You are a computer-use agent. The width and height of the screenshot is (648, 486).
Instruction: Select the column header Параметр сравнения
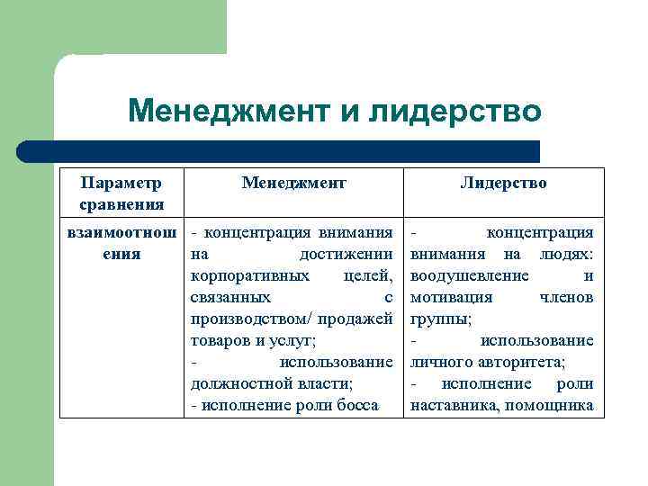coord(121,193)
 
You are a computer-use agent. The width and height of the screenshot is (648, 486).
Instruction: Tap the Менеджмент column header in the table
coord(293,183)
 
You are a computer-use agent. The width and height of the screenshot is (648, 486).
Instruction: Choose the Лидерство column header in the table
coord(502,183)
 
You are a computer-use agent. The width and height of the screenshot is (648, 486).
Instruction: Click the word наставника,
coord(454,405)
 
